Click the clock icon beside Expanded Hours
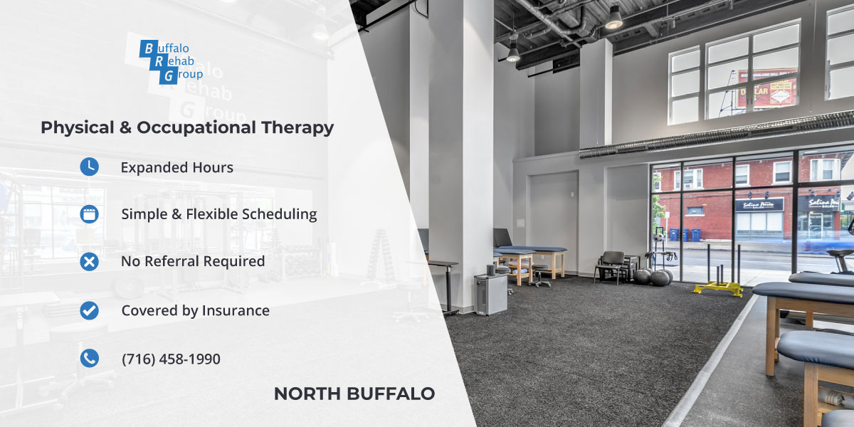coord(89,167)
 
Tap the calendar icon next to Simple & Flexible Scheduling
coord(89,213)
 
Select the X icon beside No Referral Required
coord(89,261)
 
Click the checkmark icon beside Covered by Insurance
coord(89,310)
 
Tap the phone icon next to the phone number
coord(89,359)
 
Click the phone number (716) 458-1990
coord(171,359)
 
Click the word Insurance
coord(236,310)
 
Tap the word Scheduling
coord(280,214)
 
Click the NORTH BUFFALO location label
coord(354,394)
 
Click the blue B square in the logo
coord(148,49)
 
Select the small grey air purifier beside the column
coord(490,293)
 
